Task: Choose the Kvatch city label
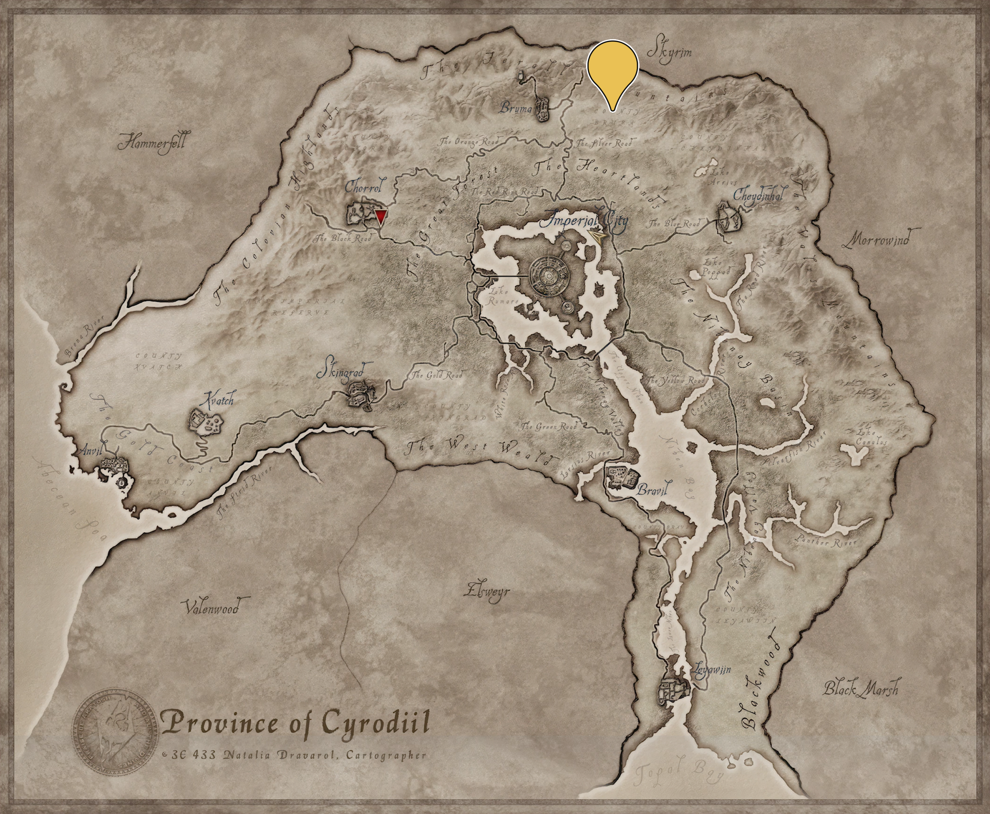pos(217,400)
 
